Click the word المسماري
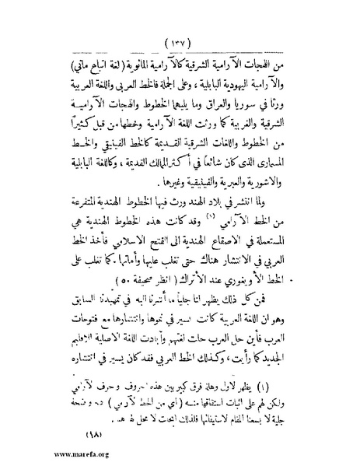pyautogui.click(x=289, y=159)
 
